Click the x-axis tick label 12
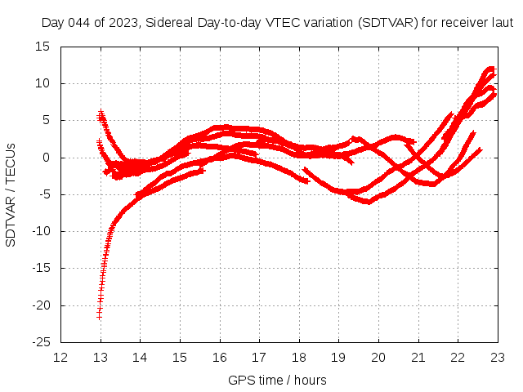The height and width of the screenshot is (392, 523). (60, 357)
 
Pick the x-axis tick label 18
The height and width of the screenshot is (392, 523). (298, 357)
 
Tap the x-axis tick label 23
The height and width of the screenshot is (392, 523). (497, 357)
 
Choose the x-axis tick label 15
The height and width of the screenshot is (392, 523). (180, 357)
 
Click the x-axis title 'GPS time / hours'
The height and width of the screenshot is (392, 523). (279, 380)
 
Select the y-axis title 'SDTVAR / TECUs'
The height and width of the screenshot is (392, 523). (11, 194)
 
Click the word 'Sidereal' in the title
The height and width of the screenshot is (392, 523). (168, 23)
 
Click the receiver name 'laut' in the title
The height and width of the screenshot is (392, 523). (501, 23)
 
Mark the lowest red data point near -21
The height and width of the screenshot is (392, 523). (99, 315)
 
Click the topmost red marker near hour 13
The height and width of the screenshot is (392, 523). (101, 113)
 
